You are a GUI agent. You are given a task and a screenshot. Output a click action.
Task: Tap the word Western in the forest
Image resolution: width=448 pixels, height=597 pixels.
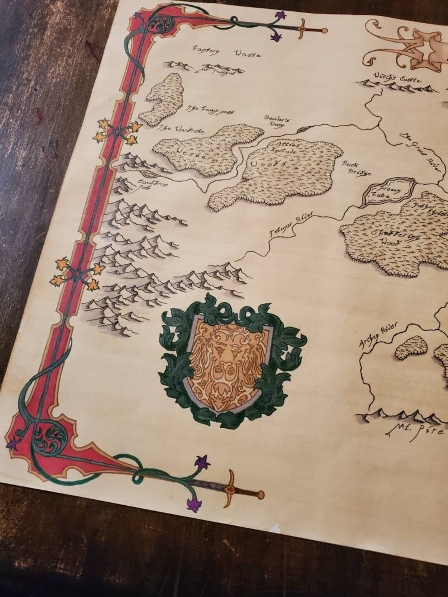coord(195,155)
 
